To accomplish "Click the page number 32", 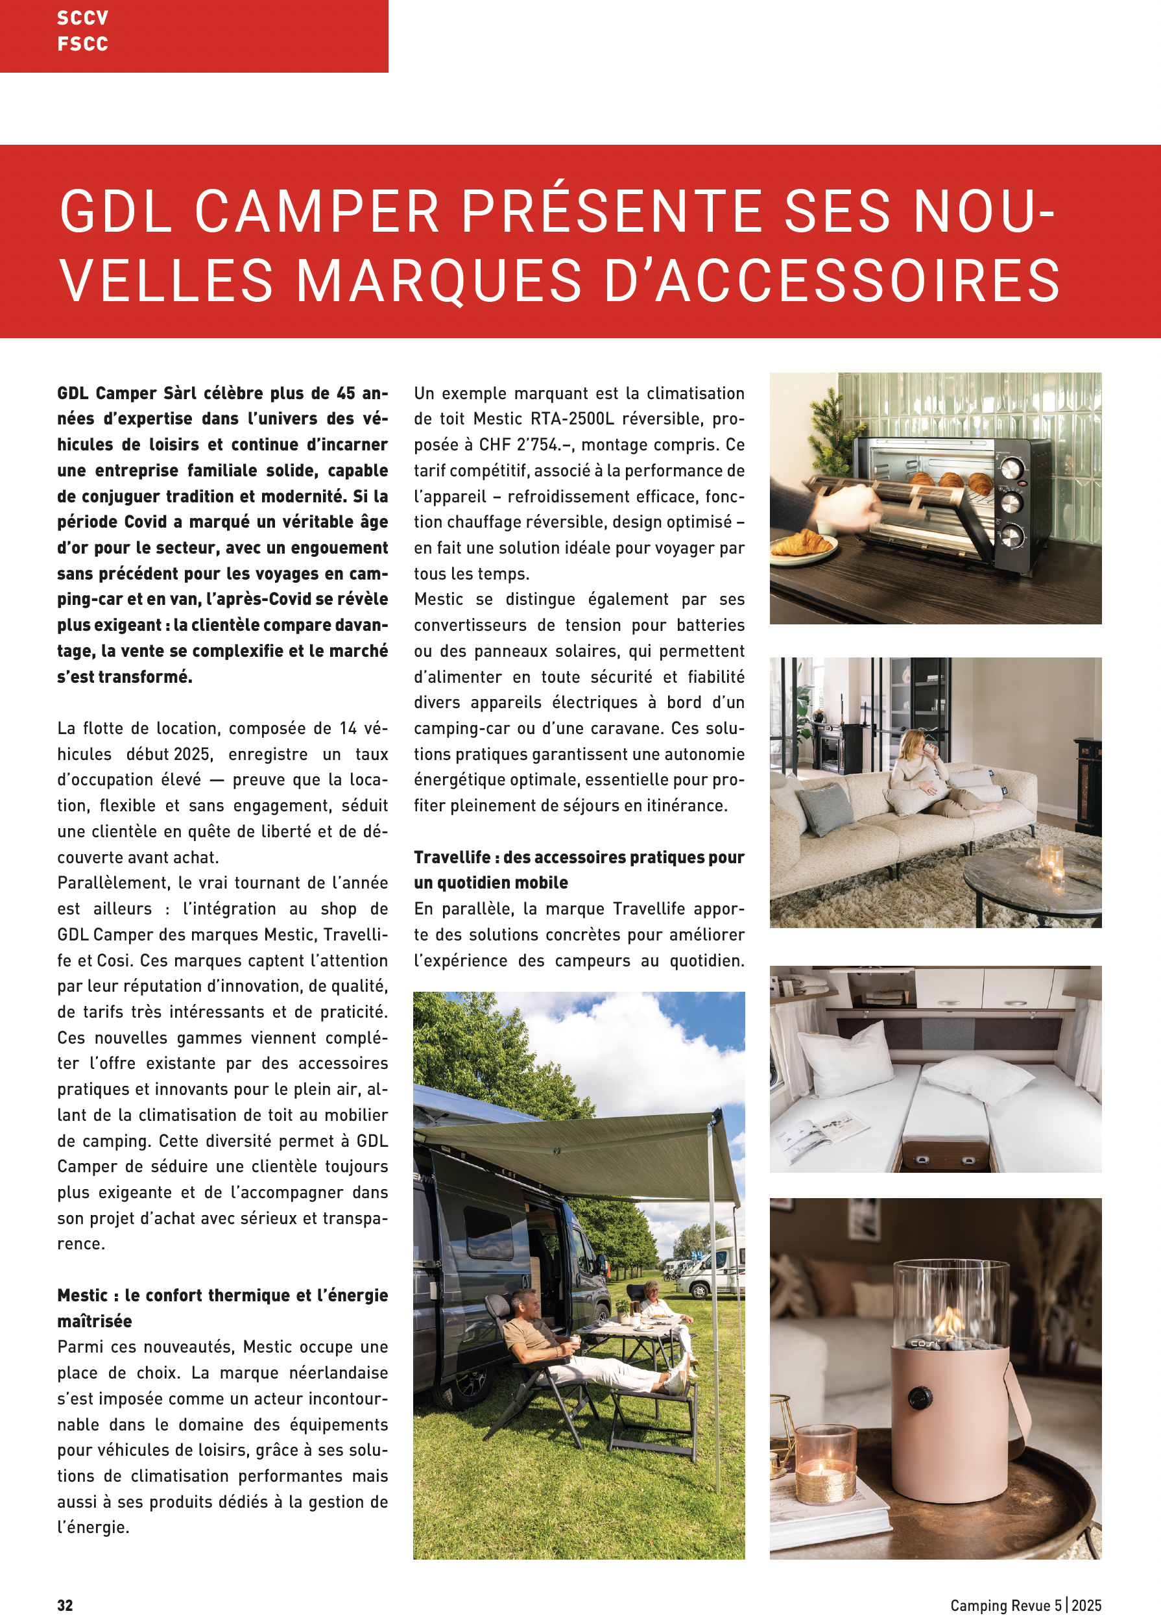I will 65,1605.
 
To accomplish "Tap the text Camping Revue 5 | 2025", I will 1025,1605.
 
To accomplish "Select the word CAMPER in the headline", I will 317,212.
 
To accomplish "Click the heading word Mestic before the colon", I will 83,1295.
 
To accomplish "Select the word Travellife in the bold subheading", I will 451,857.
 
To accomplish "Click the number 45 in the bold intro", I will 346,393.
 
